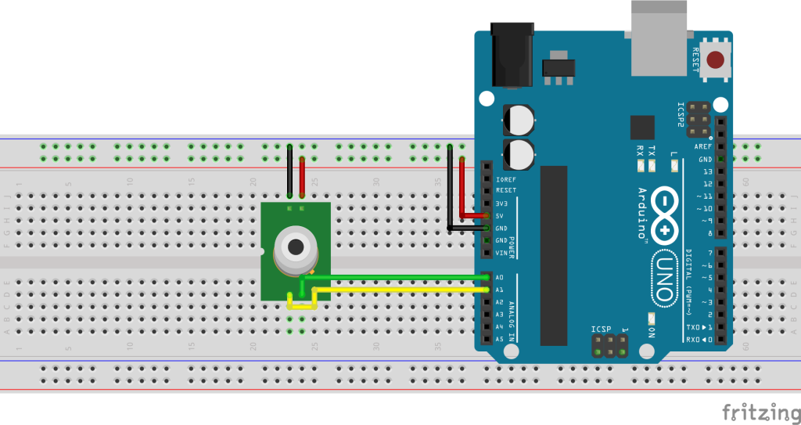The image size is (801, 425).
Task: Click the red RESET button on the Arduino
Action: pyautogui.click(x=714, y=59)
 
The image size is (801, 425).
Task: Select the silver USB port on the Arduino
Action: pyautogui.click(x=660, y=35)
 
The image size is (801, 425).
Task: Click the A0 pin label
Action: pyautogui.click(x=499, y=278)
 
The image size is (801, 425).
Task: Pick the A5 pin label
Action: pyautogui.click(x=499, y=339)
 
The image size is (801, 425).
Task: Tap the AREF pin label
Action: pyautogui.click(x=702, y=147)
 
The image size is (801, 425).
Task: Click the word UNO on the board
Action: pyautogui.click(x=663, y=276)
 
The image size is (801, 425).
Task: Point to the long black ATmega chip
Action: pyautogui.click(x=553, y=254)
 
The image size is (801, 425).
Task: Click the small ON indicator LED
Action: pyautogui.click(x=651, y=318)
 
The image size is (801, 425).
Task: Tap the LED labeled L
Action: pyautogui.click(x=673, y=165)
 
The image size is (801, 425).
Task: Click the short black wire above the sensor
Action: pyautogui.click(x=290, y=172)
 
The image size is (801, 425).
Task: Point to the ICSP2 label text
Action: pyautogui.click(x=681, y=114)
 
